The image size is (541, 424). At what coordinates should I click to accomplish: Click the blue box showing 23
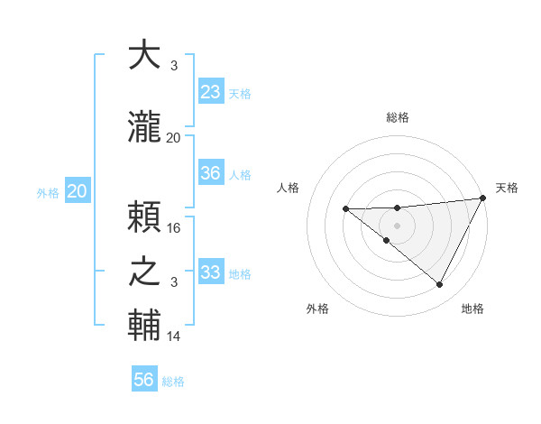tap(211, 92)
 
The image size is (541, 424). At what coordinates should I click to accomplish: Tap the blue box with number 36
tap(211, 173)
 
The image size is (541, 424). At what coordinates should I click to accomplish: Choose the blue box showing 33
tap(211, 272)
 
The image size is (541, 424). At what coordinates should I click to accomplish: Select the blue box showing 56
tap(144, 380)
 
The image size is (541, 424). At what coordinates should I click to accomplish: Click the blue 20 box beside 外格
tap(78, 191)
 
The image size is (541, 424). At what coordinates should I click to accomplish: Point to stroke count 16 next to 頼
tap(175, 228)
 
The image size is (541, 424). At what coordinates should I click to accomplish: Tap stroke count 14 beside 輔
tap(175, 336)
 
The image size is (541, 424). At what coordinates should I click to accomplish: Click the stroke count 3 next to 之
tap(175, 282)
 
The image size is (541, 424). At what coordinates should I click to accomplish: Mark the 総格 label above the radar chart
tap(398, 117)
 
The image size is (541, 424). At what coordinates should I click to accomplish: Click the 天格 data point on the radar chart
tap(484, 198)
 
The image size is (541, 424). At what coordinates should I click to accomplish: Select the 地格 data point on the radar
tap(440, 285)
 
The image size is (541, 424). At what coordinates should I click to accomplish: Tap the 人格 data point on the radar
tap(346, 209)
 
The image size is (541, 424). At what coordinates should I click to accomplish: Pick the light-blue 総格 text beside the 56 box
tap(173, 382)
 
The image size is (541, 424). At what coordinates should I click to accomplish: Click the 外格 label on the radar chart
tap(317, 309)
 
